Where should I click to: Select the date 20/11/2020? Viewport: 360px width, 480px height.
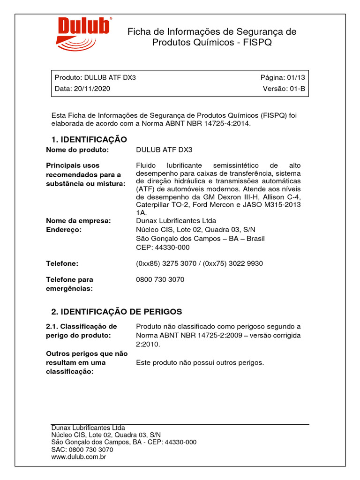pyautogui.click(x=92, y=89)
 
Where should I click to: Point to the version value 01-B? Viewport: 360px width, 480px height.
pyautogui.click(x=296, y=89)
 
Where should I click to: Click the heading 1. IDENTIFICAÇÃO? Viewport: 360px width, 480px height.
pyautogui.click(x=89, y=139)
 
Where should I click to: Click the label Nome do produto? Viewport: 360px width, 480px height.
pyautogui.click(x=77, y=150)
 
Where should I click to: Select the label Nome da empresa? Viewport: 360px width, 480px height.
pyautogui.click(x=78, y=221)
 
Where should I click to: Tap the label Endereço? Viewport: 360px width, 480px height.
pyautogui.click(x=64, y=230)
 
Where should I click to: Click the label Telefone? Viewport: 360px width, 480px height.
pyautogui.click(x=62, y=263)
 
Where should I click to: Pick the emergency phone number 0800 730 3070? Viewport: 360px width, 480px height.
pyautogui.click(x=160, y=279)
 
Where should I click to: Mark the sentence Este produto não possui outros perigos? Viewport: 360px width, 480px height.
pyautogui.click(x=200, y=362)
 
